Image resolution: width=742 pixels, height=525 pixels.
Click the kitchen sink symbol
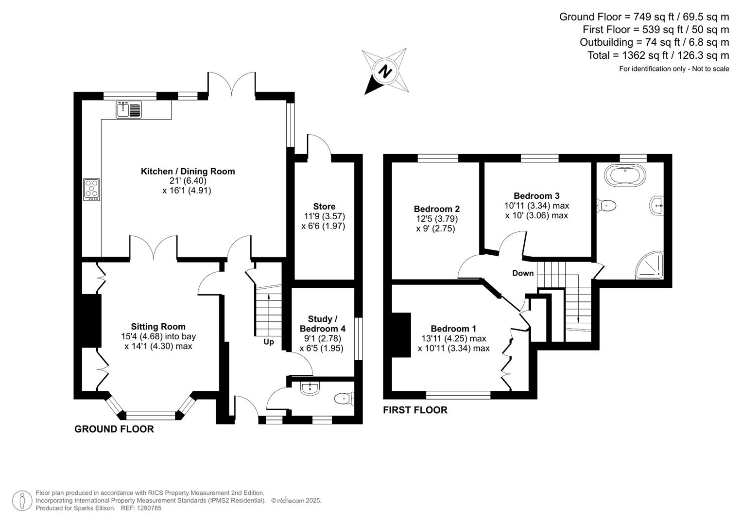click(x=129, y=109)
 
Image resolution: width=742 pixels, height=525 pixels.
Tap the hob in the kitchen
click(x=92, y=189)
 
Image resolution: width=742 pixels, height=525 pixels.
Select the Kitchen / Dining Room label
click(x=188, y=171)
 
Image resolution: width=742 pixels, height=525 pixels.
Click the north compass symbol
click(x=386, y=71)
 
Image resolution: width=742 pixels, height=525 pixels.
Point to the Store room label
click(x=324, y=207)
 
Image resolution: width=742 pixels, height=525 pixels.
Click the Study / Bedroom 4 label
click(x=322, y=324)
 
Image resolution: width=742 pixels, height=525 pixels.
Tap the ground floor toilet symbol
click(x=344, y=399)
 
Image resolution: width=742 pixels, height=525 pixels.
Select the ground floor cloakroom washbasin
click(x=310, y=388)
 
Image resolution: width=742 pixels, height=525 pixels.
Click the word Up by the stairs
click(x=269, y=342)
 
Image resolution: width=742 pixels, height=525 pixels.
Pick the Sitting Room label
click(x=158, y=327)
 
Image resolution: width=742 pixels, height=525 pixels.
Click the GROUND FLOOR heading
click(x=114, y=429)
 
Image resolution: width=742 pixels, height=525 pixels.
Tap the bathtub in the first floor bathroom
click(x=625, y=175)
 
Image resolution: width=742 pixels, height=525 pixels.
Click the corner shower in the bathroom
click(x=650, y=265)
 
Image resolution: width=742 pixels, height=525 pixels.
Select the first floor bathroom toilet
click(x=606, y=206)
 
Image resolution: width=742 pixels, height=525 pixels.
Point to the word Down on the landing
click(x=523, y=273)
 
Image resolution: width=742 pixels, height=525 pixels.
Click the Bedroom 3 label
click(x=536, y=196)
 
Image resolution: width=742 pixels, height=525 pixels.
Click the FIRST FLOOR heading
click(x=415, y=410)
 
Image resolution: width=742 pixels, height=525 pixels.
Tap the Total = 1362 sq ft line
click(x=658, y=55)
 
